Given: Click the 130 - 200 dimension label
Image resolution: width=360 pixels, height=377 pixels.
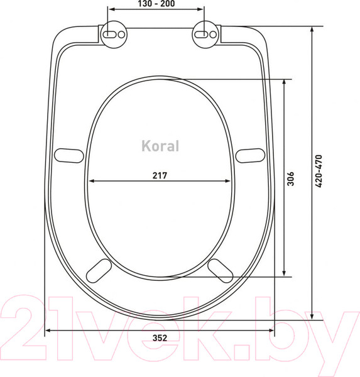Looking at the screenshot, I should (x=156, y=4).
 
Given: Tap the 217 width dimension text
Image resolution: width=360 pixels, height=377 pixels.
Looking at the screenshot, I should (x=159, y=175).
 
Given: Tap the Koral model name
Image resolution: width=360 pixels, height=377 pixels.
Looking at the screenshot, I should (x=159, y=146).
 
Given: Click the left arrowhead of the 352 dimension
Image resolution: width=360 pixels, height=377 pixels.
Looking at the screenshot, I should (x=49, y=329).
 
